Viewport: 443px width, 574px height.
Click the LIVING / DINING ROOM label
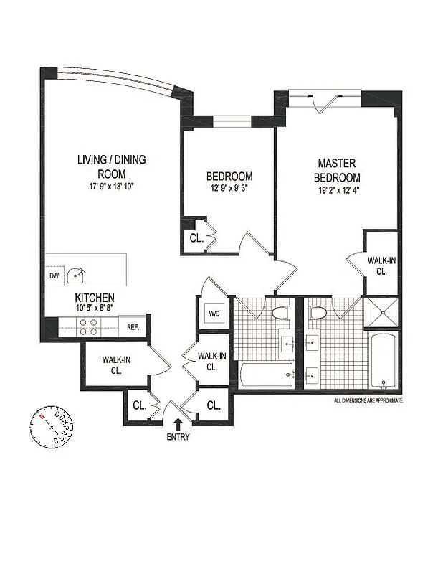tap(111, 166)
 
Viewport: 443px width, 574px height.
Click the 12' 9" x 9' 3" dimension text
tap(229, 190)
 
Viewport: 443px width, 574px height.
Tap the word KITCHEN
tap(95, 298)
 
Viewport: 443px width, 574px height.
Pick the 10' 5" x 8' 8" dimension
tap(95, 308)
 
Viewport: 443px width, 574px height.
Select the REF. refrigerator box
tap(133, 326)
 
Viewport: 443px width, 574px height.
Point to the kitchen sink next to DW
tap(76, 273)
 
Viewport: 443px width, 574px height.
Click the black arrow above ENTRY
tap(177, 425)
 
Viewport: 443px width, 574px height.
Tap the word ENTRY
tap(178, 437)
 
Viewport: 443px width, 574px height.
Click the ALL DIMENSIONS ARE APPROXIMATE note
tap(368, 400)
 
